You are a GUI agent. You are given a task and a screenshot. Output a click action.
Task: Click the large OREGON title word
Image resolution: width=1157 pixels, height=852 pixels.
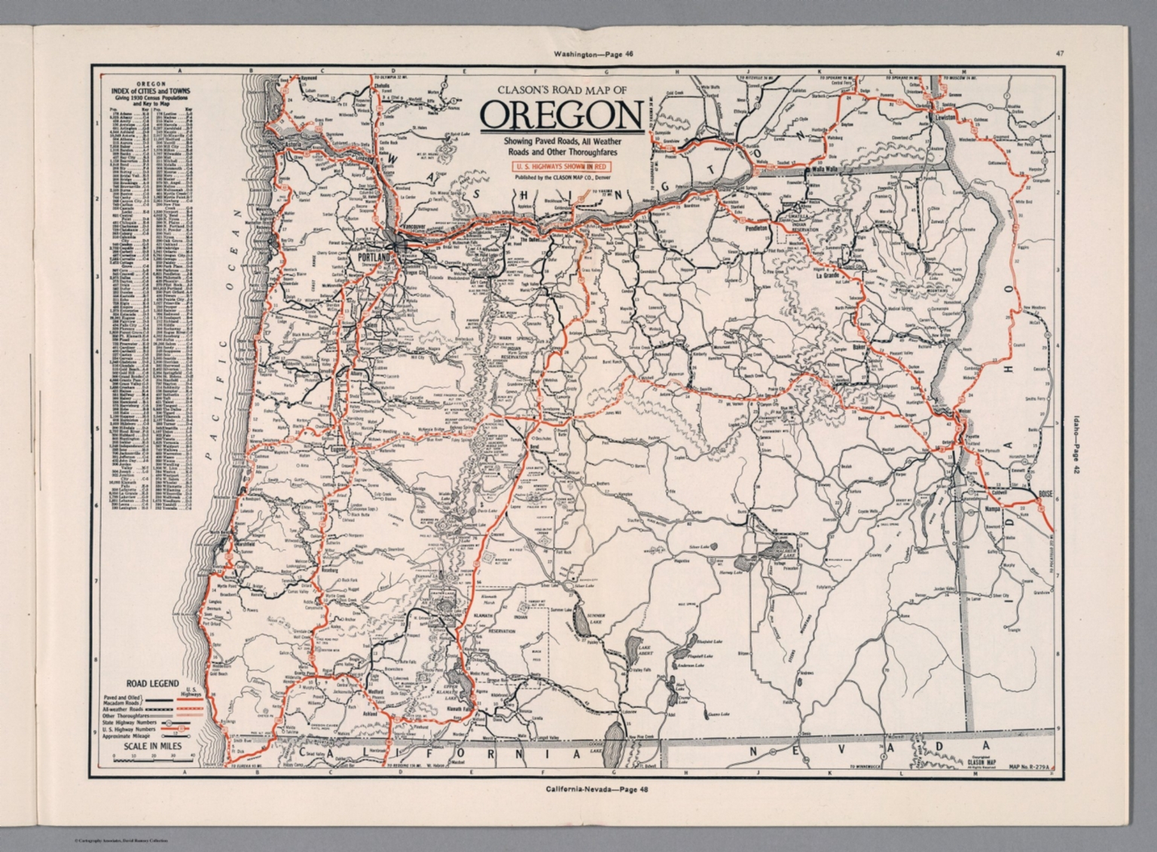[561, 115]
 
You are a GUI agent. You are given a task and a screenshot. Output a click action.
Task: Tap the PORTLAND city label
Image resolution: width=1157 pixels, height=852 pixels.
[371, 258]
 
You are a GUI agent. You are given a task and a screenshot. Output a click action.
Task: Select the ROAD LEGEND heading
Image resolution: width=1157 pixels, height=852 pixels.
[153, 684]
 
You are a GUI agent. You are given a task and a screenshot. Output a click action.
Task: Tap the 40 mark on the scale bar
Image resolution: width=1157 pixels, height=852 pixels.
[192, 754]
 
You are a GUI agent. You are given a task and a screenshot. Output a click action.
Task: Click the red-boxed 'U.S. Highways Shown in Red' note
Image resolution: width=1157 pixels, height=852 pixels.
[560, 166]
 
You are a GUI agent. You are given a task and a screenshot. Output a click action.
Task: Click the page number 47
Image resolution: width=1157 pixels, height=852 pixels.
[1059, 53]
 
